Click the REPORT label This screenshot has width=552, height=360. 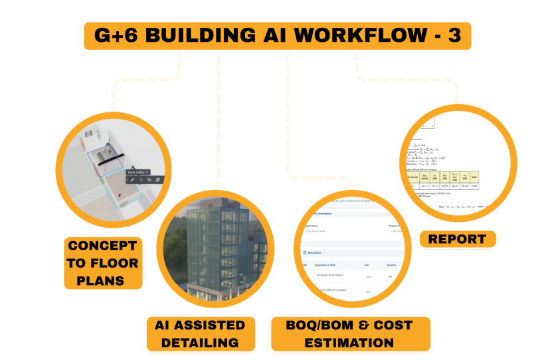click(x=457, y=239)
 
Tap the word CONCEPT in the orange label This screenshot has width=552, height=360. click(x=102, y=245)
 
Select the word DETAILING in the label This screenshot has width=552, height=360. click(x=200, y=343)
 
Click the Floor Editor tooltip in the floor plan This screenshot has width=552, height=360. click(x=138, y=171)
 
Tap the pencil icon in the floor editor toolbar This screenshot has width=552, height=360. click(x=132, y=179)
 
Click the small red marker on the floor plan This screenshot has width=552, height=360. click(x=120, y=195)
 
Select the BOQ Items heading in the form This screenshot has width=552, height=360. click(x=320, y=253)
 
